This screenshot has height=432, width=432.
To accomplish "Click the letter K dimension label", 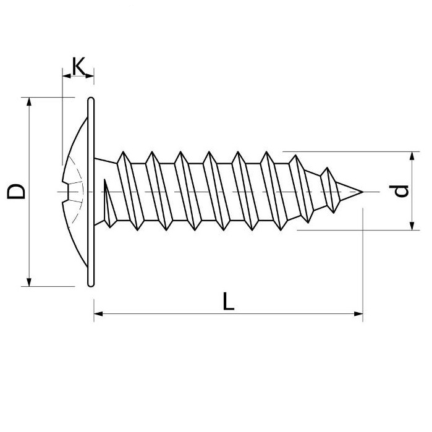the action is [x=78, y=66].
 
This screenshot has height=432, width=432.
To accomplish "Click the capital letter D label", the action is [x=16, y=191].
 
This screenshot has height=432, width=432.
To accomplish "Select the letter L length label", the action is [x=228, y=301].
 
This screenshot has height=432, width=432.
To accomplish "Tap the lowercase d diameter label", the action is [x=401, y=190].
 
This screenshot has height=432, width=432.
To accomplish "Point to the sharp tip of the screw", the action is [x=363, y=192].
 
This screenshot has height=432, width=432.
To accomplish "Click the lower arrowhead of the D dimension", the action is [x=28, y=282].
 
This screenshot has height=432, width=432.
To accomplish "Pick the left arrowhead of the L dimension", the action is [x=98, y=313].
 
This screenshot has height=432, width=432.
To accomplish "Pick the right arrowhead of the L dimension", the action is [x=358, y=313].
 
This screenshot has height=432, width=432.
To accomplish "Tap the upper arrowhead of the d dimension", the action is [x=412, y=156].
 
